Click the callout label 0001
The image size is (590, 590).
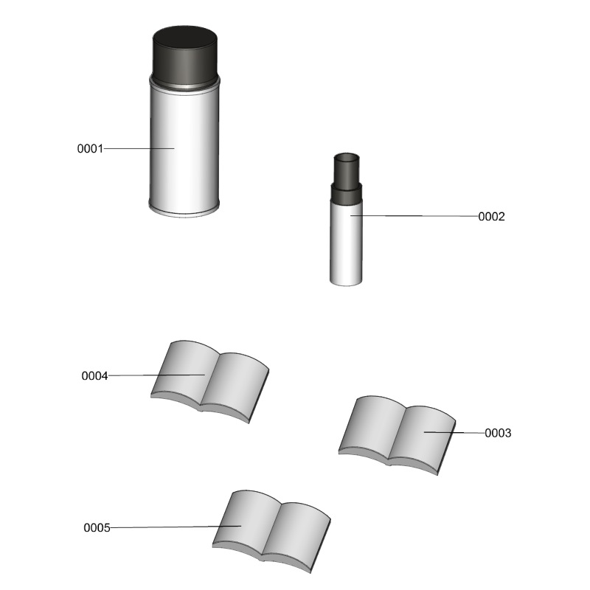click(x=90, y=149)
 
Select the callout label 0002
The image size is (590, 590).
click(x=491, y=217)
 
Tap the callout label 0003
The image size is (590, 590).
click(x=498, y=433)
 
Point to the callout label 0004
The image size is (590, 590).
click(x=95, y=376)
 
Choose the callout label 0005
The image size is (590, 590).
click(x=97, y=528)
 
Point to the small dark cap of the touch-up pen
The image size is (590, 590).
click(x=347, y=170)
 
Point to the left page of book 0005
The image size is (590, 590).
click(x=246, y=521)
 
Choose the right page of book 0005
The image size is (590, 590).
click(x=296, y=534)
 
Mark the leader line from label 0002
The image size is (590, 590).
click(x=414, y=216)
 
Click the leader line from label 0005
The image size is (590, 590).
click(x=176, y=527)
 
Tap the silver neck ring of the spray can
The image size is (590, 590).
click(x=184, y=86)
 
